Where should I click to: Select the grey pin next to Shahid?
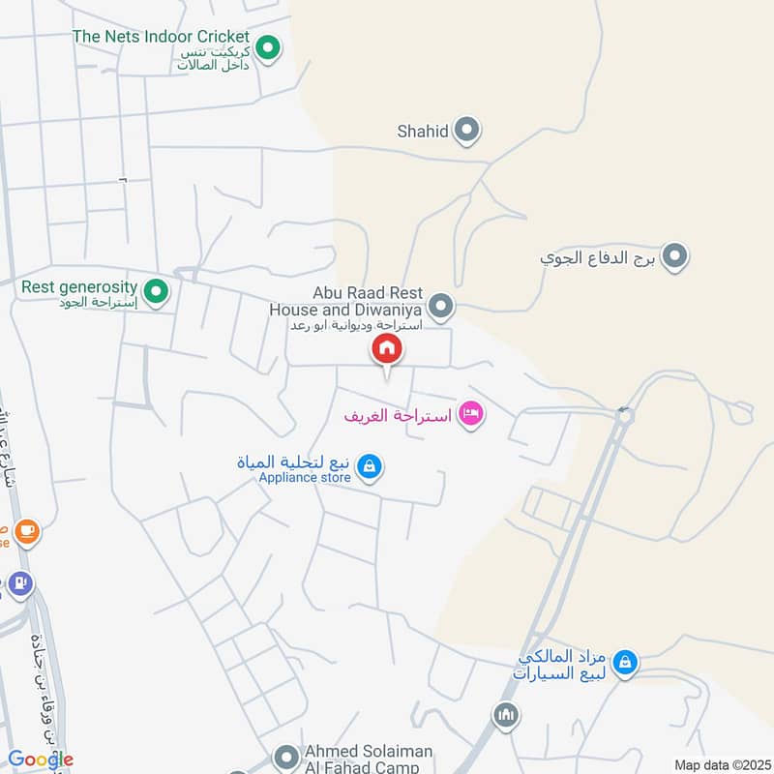[467, 130]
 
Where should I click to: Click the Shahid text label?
[423, 131]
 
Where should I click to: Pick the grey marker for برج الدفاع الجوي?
[675, 257]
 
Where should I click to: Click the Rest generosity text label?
[79, 287]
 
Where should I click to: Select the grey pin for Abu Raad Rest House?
[441, 307]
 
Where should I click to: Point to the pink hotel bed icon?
[471, 414]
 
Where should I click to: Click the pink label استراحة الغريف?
[399, 415]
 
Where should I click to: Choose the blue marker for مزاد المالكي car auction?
[626, 662]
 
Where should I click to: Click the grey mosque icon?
[506, 716]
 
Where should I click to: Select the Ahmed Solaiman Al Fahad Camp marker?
[286, 756]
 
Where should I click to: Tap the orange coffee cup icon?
[26, 530]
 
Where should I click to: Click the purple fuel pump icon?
[20, 583]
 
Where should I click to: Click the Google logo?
[41, 759]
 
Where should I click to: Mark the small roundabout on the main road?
[624, 415]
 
